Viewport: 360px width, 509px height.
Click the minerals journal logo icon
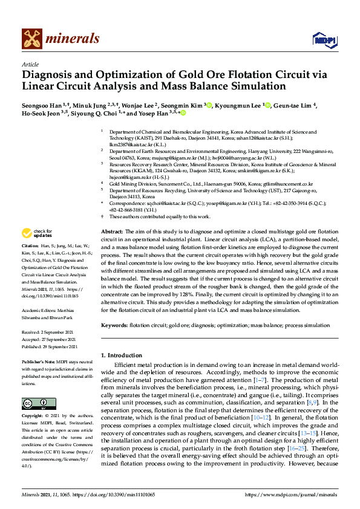[33, 39]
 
